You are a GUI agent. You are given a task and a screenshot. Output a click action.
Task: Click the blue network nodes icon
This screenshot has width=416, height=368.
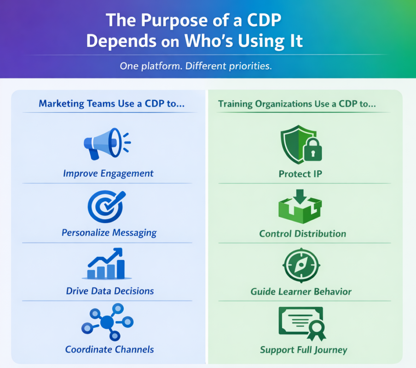pyautogui.click(x=107, y=322)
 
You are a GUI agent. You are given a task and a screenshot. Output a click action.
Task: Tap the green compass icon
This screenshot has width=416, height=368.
pyautogui.click(x=300, y=265)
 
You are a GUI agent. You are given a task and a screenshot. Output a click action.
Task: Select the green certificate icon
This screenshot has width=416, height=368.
pyautogui.click(x=302, y=322)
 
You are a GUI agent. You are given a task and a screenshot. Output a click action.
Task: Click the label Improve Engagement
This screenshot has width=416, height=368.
pyautogui.click(x=108, y=174)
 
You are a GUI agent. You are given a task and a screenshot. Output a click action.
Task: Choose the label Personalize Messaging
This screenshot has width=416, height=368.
pyautogui.click(x=109, y=233)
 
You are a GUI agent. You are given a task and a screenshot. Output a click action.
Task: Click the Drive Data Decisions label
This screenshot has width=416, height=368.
pyautogui.click(x=110, y=291)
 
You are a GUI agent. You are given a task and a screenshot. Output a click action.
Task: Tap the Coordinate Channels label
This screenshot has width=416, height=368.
pyautogui.click(x=110, y=350)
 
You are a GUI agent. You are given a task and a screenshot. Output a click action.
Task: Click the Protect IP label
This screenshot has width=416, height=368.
pyautogui.click(x=300, y=174)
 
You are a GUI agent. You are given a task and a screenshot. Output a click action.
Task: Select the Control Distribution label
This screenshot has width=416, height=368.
pyautogui.click(x=302, y=234)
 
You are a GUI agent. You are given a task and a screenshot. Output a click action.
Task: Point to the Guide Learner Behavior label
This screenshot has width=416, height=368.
pyautogui.click(x=301, y=292)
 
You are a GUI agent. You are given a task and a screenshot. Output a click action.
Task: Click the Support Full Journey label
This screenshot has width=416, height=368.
pyautogui.click(x=303, y=350)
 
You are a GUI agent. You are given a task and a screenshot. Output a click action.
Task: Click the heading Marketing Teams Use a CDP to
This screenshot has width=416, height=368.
pyautogui.click(x=112, y=103)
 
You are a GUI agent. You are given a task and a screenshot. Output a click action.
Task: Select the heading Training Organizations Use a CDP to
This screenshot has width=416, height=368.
pyautogui.click(x=297, y=104)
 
